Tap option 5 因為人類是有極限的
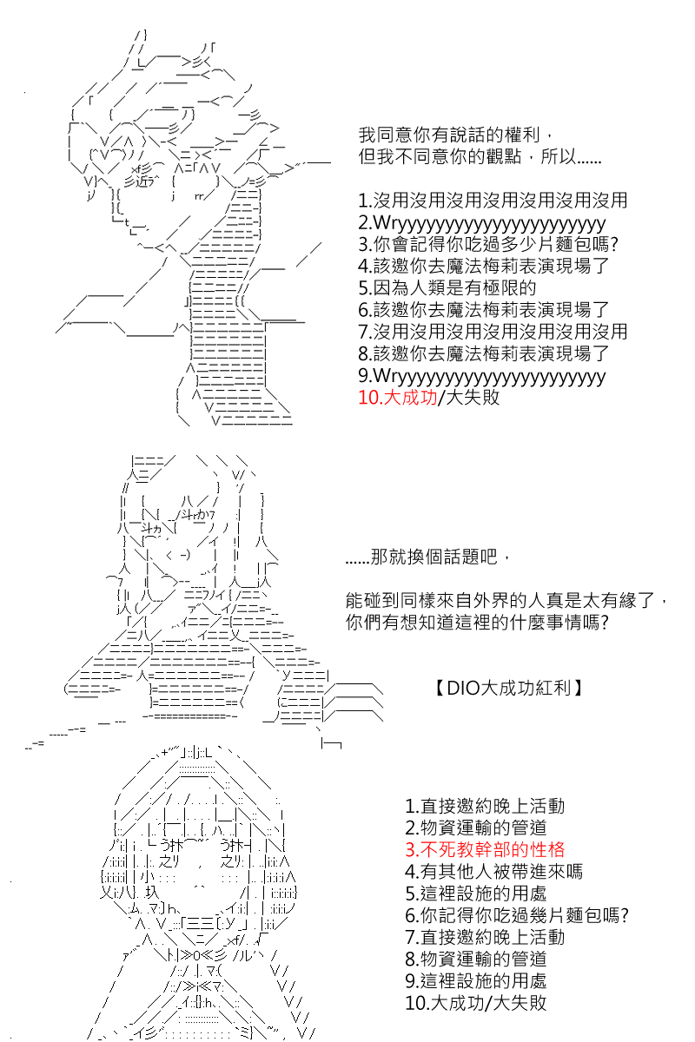pos(447,287)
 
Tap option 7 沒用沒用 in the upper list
pos(492,331)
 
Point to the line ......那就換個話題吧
pos(422,558)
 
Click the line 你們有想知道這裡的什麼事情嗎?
pos(475,623)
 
